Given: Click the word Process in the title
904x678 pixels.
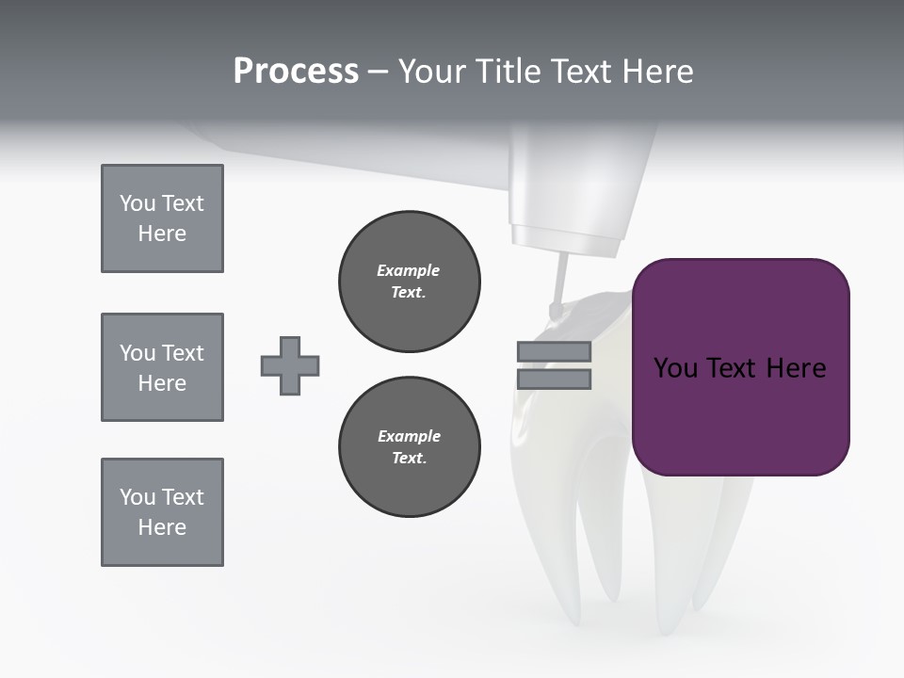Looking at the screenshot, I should pos(296,71).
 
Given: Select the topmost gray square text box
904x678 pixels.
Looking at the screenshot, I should pos(162,218).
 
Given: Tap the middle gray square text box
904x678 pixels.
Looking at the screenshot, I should pos(162,367).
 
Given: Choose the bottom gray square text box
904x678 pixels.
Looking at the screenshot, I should pos(162,512).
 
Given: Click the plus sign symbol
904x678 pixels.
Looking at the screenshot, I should pos(290,365).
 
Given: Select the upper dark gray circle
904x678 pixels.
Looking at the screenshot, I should pos(409,281).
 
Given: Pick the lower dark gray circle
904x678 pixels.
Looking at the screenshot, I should pos(409,447).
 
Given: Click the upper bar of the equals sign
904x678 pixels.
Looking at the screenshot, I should pos(554,351).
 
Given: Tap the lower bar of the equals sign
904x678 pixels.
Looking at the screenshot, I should pos(554,379).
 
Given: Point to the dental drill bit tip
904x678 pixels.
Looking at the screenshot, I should pos(556,307).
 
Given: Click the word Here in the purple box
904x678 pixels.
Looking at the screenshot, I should pos(796,368).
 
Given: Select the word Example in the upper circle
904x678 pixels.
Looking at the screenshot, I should pos(409,270).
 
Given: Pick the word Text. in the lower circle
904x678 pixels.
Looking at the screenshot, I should pos(409,459).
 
